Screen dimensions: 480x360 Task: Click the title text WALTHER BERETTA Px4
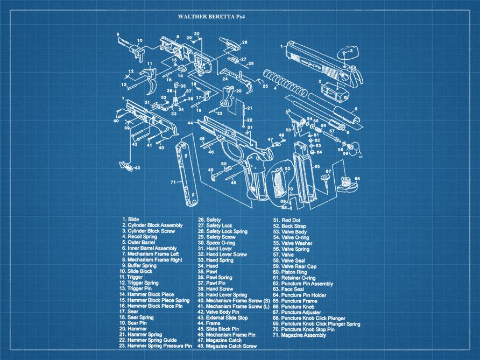point(211,17)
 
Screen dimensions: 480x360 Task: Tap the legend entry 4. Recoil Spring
point(139,237)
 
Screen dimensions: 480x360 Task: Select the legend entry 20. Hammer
point(133,329)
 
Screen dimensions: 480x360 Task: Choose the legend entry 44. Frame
point(209,323)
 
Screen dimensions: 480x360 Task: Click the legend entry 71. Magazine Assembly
point(299,335)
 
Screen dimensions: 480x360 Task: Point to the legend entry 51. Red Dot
point(287,220)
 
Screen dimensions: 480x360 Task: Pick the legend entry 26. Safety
point(209,220)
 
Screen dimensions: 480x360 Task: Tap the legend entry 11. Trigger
point(131,277)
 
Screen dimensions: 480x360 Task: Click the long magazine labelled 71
point(187,174)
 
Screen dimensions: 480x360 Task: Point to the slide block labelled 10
point(137,51)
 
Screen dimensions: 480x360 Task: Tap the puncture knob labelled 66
point(348,184)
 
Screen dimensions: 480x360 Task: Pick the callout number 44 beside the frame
point(190,123)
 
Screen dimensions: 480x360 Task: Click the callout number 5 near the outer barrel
point(356,109)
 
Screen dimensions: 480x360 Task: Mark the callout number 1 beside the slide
point(281,46)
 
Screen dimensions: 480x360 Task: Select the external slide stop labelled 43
point(126,166)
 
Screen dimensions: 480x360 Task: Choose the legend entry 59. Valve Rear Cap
point(294,266)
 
